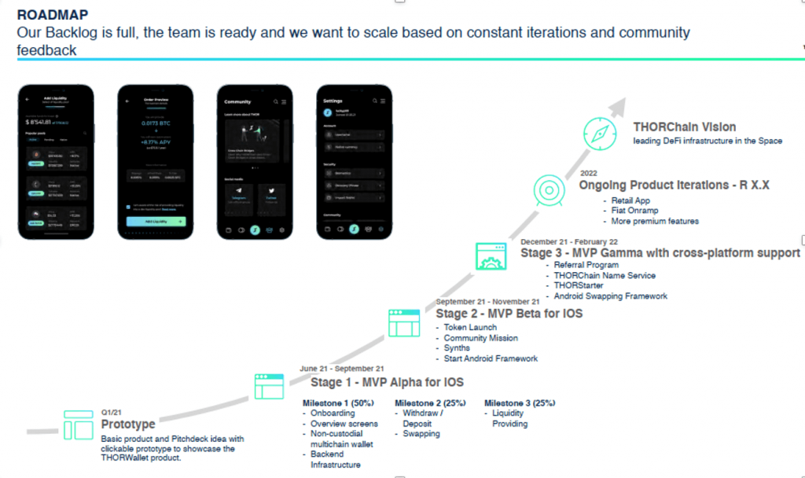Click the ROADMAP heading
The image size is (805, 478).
52,14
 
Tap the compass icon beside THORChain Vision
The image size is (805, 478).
600,133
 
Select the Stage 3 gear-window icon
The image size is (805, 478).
491,256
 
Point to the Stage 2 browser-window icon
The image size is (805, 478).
404,323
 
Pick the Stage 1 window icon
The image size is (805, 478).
269,386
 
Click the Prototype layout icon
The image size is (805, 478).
78,425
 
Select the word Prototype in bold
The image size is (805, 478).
128,425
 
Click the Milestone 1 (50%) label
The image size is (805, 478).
338,403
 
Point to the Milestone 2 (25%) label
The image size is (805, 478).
430,403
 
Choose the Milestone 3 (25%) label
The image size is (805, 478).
520,403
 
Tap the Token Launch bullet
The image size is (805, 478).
470,327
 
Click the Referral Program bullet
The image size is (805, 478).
586,266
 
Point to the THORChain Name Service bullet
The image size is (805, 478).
605,276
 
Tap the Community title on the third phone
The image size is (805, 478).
237,101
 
